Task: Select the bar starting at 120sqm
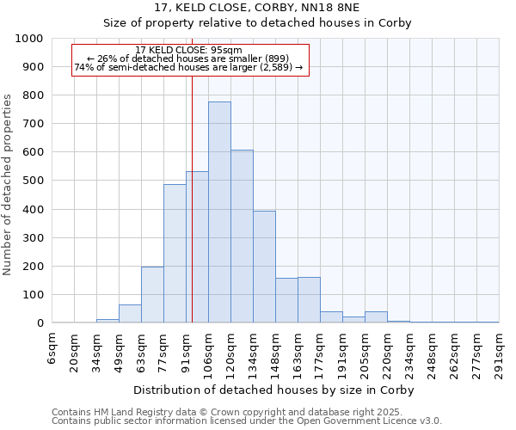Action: point(242,236)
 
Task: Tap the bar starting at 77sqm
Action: point(175,254)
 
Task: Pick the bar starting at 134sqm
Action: point(264,267)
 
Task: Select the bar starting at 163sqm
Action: point(309,300)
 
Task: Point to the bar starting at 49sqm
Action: point(130,314)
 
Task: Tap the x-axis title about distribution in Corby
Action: point(276,390)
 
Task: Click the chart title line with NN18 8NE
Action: point(258,7)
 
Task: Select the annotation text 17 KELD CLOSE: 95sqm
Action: point(188,50)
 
